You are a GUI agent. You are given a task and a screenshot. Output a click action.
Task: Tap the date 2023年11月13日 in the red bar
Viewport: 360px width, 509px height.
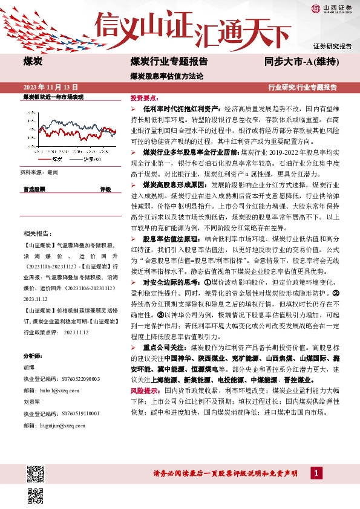[x=51, y=87]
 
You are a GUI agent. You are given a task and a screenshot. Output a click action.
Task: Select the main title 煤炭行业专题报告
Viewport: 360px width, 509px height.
[x=169, y=62]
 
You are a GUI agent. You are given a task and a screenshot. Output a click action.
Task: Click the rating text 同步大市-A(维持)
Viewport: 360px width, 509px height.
[x=301, y=62]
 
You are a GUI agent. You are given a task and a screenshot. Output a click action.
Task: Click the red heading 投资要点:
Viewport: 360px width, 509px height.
[x=143, y=97]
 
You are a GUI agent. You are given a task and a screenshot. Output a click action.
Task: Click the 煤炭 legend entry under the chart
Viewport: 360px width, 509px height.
[x=57, y=158]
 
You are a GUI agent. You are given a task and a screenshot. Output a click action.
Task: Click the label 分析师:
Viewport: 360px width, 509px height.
[x=32, y=355]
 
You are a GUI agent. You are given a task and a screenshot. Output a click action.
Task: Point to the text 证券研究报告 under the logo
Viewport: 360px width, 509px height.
[x=332, y=46]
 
